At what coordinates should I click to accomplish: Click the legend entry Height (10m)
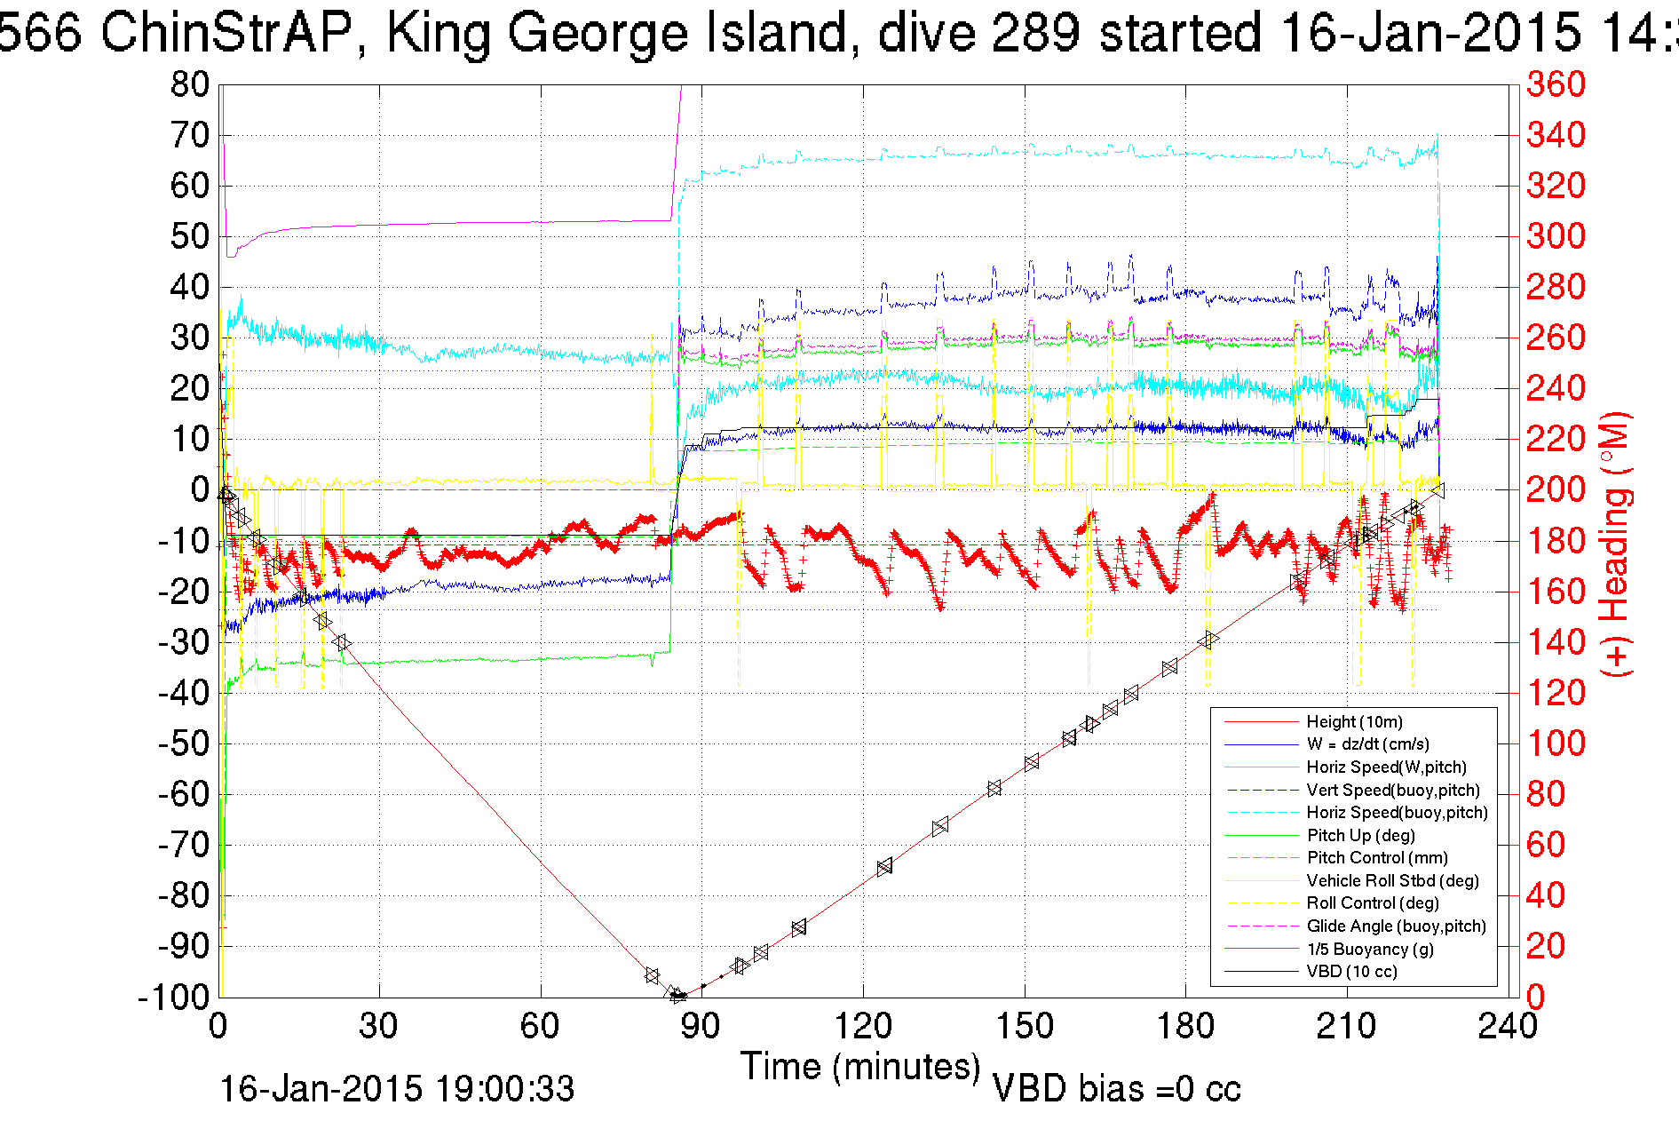pos(1354,722)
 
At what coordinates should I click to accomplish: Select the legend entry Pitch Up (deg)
pos(1360,835)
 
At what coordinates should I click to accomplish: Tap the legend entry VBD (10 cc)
pos(1351,972)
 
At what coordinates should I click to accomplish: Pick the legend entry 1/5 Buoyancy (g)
pos(1370,949)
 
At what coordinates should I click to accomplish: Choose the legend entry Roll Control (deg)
pos(1373,903)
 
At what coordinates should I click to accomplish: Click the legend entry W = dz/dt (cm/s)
pos(1367,744)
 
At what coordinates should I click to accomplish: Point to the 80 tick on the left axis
pos(189,85)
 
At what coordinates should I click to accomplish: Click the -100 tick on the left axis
pos(173,997)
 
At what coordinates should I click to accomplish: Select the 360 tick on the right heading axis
pos(1556,85)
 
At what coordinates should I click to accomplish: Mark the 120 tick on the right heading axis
pos(1556,693)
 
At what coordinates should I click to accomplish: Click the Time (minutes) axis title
pos(860,1066)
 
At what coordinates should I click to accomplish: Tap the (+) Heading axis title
pos(1616,544)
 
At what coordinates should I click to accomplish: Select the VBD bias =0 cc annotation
pos(1116,1089)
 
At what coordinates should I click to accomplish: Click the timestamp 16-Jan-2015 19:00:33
pos(397,1089)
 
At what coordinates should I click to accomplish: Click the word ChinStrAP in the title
pos(231,34)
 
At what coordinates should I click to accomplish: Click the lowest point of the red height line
pos(679,997)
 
